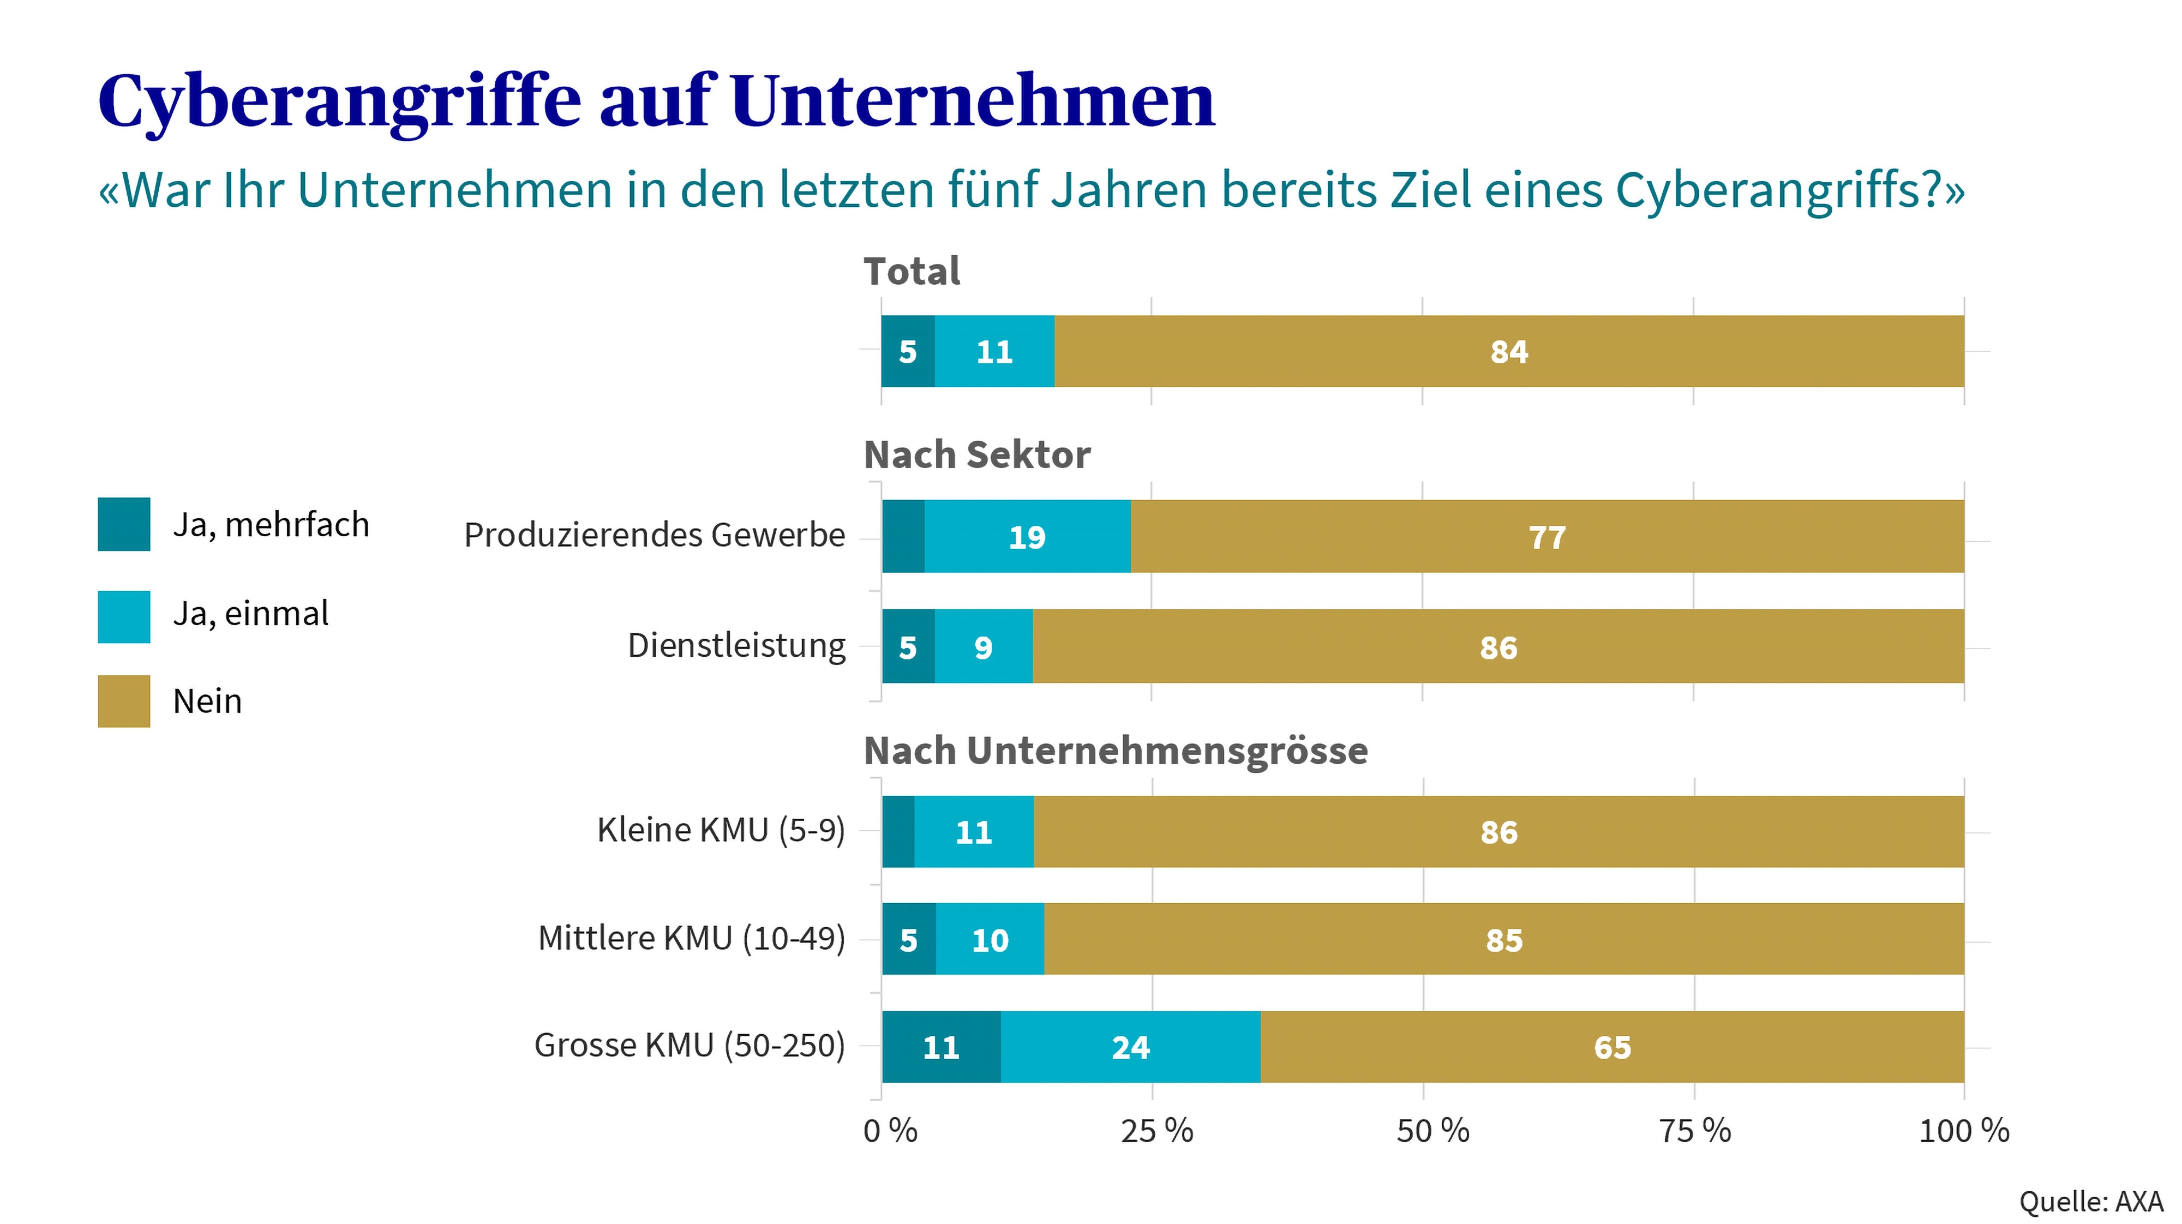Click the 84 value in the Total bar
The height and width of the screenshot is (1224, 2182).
coord(1509,351)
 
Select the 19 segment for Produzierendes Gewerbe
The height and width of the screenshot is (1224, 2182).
coord(1027,537)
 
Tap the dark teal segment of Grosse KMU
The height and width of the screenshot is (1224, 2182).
coord(941,1047)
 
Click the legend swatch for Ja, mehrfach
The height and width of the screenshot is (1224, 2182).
coord(124,524)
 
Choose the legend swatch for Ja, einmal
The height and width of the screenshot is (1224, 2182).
coord(124,617)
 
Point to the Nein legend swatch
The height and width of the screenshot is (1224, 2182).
coord(124,701)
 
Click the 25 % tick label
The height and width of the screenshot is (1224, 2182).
coord(1156,1131)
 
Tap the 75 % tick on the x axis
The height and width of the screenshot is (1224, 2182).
coord(1694,1131)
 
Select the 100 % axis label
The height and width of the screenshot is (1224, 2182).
coord(1963,1131)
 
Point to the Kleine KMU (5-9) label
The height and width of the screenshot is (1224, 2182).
coord(721,830)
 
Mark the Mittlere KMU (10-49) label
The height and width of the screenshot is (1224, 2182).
coord(691,939)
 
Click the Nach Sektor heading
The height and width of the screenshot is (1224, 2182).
coord(976,455)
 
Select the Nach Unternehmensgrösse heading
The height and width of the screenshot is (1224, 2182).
coord(1116,751)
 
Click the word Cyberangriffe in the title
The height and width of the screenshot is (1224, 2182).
coord(339,101)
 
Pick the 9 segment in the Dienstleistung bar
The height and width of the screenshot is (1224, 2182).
coord(982,647)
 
